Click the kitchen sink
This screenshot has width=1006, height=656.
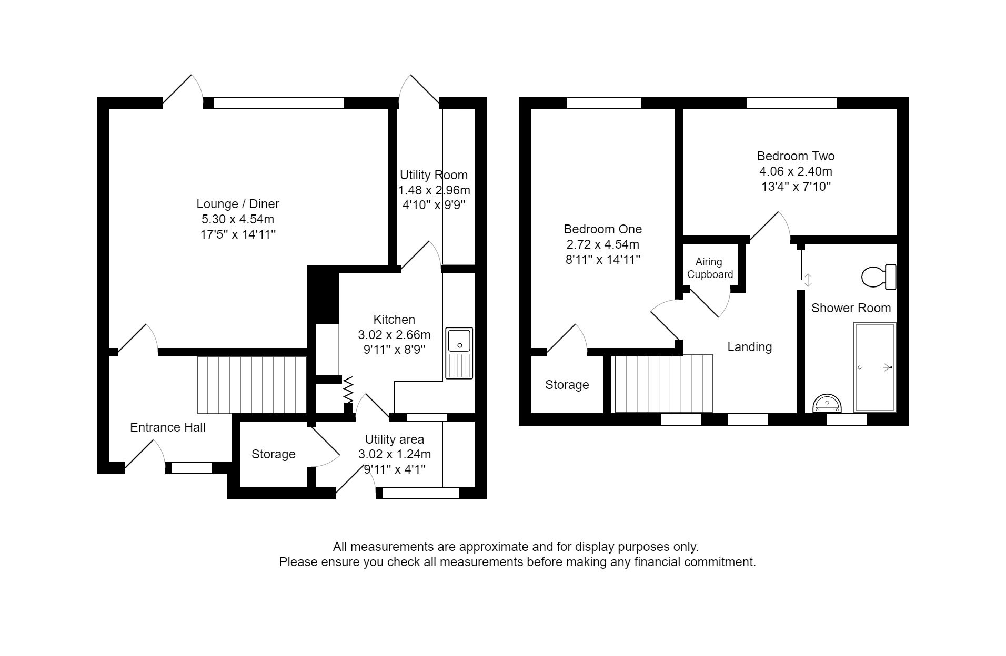point(459,353)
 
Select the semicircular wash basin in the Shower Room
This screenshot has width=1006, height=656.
point(827,403)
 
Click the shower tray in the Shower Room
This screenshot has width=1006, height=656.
point(874,367)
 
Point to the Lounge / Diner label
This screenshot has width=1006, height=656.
point(238,204)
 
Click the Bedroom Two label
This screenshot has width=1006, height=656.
point(796,156)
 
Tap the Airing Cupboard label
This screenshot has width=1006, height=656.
point(710,268)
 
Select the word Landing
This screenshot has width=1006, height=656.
point(749,347)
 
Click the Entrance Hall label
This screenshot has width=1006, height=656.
point(168,427)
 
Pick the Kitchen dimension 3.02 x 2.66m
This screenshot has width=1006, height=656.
point(394,335)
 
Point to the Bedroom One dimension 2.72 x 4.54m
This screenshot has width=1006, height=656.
point(602,244)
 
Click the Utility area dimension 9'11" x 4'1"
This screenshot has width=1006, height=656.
point(394,469)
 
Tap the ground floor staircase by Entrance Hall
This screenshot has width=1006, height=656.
point(252,385)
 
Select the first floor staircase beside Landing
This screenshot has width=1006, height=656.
point(664,384)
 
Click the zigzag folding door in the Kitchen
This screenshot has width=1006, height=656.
point(348,389)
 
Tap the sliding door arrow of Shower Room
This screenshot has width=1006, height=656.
point(808,280)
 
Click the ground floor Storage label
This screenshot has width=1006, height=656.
point(273,454)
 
